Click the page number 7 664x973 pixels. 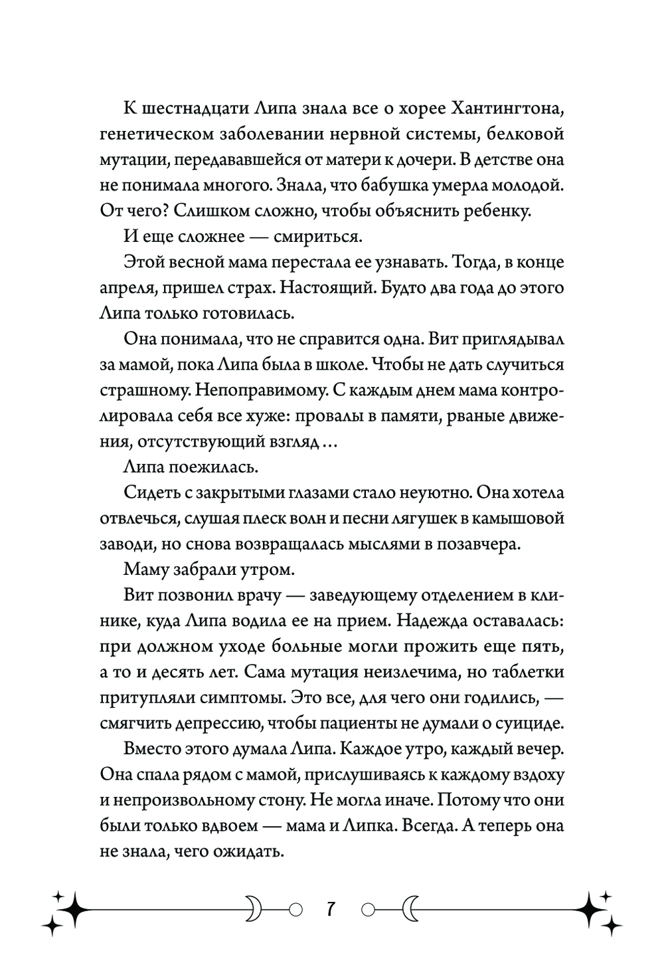(331, 907)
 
